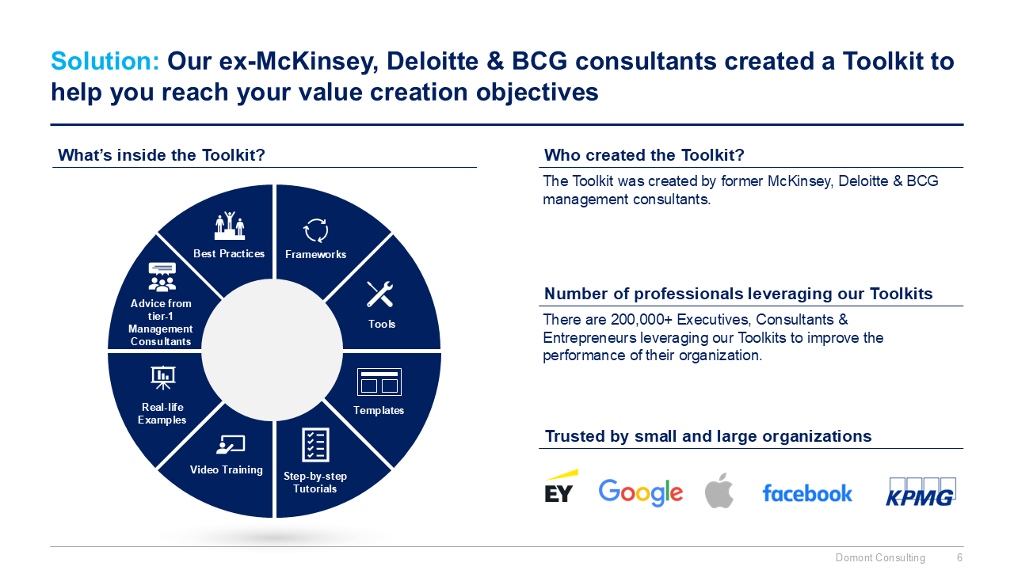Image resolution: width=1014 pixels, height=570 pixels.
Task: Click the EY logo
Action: pyautogui.click(x=560, y=487)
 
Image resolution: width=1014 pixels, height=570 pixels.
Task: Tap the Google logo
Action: pyautogui.click(x=640, y=492)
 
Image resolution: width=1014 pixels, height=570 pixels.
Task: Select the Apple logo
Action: pyautogui.click(x=719, y=491)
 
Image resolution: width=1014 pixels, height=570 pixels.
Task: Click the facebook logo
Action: pyautogui.click(x=807, y=493)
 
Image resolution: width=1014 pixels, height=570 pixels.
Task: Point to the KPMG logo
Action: pyautogui.click(x=921, y=492)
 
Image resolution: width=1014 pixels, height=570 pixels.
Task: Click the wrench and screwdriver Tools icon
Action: pyautogui.click(x=380, y=294)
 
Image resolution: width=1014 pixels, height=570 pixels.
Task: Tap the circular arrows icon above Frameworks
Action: pyautogui.click(x=315, y=230)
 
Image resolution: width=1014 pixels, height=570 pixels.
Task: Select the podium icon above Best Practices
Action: pyautogui.click(x=230, y=226)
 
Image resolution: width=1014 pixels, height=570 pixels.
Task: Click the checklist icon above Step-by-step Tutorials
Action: pyautogui.click(x=315, y=445)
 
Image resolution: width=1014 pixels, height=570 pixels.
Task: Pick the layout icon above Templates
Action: pyautogui.click(x=379, y=382)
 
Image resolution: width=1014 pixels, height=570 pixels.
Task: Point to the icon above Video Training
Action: pyautogui.click(x=230, y=445)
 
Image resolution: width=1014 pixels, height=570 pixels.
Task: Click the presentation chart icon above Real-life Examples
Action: pyautogui.click(x=162, y=378)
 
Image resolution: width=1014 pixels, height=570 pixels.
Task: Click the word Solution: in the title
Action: pyautogui.click(x=105, y=61)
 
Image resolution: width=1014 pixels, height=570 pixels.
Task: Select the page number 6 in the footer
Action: pyautogui.click(x=959, y=558)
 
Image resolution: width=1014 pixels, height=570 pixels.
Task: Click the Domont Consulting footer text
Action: pyautogui.click(x=880, y=558)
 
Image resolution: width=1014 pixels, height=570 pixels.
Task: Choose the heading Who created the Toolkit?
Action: pyautogui.click(x=644, y=155)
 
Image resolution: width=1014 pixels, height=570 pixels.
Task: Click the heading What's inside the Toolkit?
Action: pyautogui.click(x=162, y=155)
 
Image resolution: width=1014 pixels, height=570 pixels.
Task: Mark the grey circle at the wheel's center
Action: pyautogui.click(x=274, y=350)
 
